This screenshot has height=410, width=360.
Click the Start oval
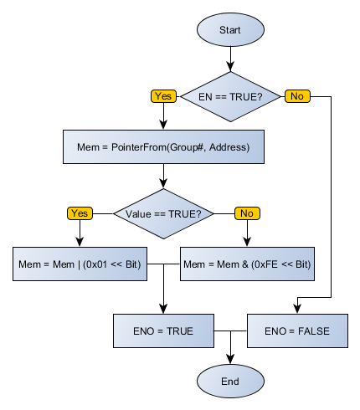click(230, 29)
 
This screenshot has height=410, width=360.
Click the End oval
click(230, 381)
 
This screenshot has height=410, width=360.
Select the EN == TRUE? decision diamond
click(230, 96)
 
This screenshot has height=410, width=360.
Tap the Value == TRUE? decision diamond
click(163, 213)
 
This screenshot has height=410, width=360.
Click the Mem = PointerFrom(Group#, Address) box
click(163, 147)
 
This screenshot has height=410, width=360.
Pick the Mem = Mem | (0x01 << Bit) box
click(80, 264)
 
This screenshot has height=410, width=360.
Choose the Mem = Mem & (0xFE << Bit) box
click(247, 264)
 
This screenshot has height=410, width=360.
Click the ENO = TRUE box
click(163, 331)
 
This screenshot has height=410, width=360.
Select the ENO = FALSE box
click(297, 331)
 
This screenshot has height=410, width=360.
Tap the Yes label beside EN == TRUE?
click(163, 96)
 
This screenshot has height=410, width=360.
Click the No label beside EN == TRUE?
click(297, 96)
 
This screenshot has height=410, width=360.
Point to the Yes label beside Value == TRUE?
click(80, 213)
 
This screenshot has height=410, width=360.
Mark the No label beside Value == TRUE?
click(247, 213)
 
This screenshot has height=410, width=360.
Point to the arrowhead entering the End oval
click(230, 360)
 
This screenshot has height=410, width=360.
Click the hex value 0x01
click(100, 264)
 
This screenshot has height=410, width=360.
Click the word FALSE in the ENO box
click(311, 331)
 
